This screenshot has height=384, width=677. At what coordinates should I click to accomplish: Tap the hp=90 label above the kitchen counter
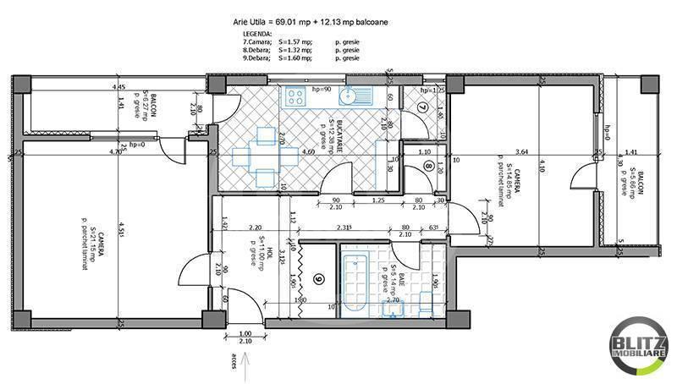(320, 88)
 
